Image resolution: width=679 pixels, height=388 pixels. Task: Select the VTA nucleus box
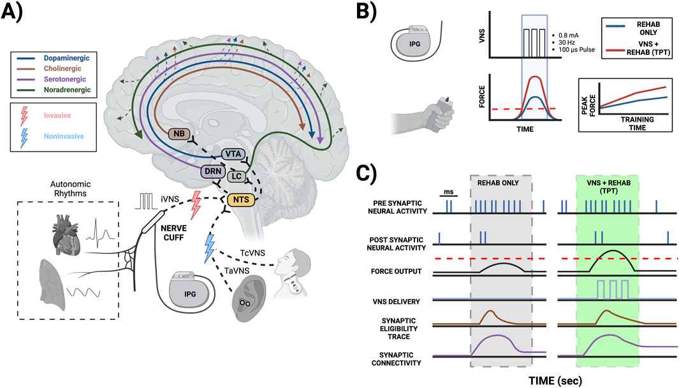(235, 154)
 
